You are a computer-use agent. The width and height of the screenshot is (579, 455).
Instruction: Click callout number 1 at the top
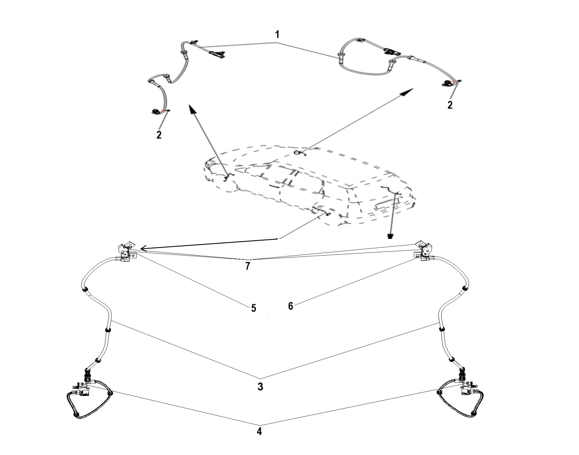point(277,35)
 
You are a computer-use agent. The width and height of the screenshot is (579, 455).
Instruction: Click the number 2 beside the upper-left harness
point(159,135)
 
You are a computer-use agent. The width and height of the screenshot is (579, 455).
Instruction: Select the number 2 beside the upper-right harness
point(450,105)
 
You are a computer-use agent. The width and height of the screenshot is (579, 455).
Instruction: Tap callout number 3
point(260,387)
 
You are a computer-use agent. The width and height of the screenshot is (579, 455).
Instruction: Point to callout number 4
point(259,431)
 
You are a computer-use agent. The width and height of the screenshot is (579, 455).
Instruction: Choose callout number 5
point(253,308)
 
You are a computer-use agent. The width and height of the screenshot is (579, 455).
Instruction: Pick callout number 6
point(291,306)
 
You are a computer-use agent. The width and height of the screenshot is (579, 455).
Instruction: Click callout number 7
point(248,266)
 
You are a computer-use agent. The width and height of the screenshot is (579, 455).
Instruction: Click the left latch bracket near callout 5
point(127,251)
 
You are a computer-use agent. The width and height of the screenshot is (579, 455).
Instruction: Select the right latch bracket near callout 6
point(424,251)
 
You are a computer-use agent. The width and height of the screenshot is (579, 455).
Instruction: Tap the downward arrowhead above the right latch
point(390,236)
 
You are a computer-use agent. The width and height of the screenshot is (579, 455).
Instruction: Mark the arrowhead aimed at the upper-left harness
point(191,109)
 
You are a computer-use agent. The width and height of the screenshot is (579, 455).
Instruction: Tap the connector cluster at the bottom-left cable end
point(81,389)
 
